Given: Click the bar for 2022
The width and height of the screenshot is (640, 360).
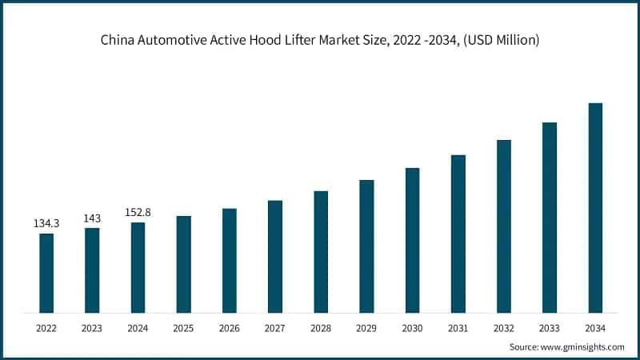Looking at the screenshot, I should click(46, 273).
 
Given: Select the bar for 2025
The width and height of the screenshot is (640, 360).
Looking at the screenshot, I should click(183, 264).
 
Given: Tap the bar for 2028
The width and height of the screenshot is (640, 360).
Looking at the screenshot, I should click(321, 251).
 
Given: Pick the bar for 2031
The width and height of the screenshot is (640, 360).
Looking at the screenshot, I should click(458, 234).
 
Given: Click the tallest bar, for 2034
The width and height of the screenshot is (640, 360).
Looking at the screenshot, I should click(595, 207).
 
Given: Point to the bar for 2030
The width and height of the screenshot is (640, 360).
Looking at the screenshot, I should click(412, 240).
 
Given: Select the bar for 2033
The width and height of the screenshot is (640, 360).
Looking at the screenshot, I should click(550, 217).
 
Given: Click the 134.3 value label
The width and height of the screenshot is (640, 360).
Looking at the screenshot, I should click(46, 224).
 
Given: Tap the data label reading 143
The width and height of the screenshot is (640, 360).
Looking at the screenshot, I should click(92, 218).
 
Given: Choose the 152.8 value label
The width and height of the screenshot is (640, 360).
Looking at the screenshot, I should click(138, 213).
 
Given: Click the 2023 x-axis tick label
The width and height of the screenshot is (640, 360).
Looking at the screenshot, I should click(92, 328).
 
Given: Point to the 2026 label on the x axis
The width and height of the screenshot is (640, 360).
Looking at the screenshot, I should click(230, 328).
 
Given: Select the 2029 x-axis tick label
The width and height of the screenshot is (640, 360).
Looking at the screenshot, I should click(366, 328).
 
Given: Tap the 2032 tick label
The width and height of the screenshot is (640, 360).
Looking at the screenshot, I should click(504, 328).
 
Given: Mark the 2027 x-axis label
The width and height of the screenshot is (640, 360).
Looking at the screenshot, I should click(275, 328).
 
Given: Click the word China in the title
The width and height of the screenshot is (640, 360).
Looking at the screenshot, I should click(117, 40).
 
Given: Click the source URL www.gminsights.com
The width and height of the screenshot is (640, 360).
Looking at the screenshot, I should click(582, 346).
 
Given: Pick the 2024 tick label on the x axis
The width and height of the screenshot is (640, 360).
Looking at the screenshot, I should click(138, 328).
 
